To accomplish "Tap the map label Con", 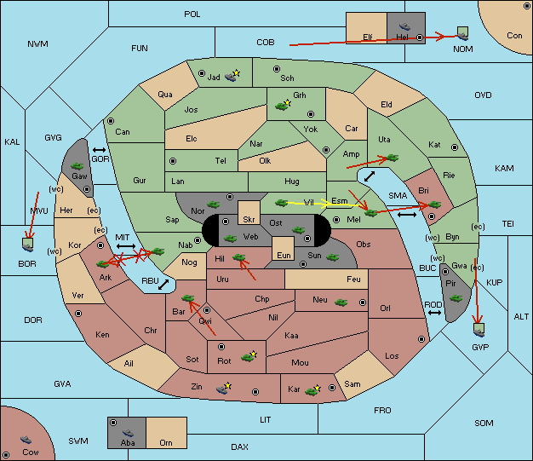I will (x=514, y=36).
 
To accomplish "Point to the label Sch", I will (x=288, y=78).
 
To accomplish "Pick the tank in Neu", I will (x=341, y=302).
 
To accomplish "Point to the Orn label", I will (x=164, y=443).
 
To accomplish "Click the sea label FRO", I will (x=382, y=411).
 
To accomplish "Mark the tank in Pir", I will (x=456, y=298).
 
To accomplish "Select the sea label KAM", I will (x=504, y=169).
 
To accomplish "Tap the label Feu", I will (x=353, y=279).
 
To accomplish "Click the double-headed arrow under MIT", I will (x=126, y=246).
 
